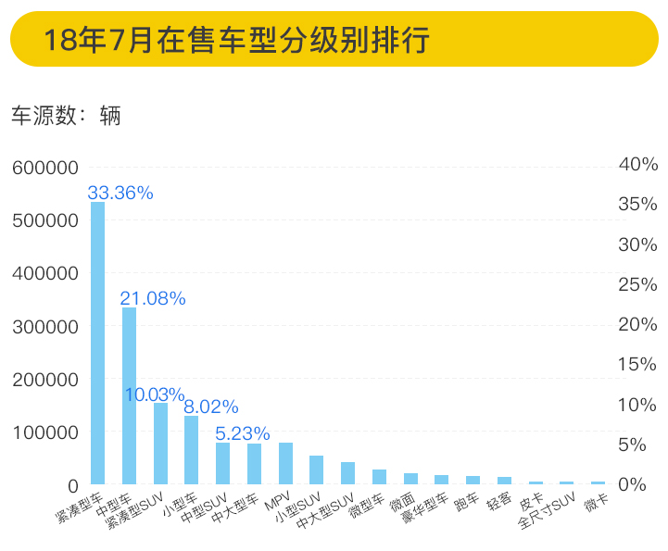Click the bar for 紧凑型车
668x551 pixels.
(97, 343)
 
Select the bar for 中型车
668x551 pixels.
(129, 395)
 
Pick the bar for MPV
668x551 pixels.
(285, 463)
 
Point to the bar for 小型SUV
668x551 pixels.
(316, 470)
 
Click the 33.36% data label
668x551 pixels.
(120, 193)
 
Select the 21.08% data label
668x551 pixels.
(153, 298)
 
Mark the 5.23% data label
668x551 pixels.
(243, 432)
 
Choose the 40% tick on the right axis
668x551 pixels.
(638, 164)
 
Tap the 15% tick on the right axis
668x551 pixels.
(638, 365)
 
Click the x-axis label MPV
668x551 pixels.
(278, 504)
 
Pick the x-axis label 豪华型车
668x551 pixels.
(425, 511)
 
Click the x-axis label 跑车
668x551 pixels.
(465, 504)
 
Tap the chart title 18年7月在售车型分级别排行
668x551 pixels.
(236, 40)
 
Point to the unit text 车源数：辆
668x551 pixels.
(66, 116)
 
